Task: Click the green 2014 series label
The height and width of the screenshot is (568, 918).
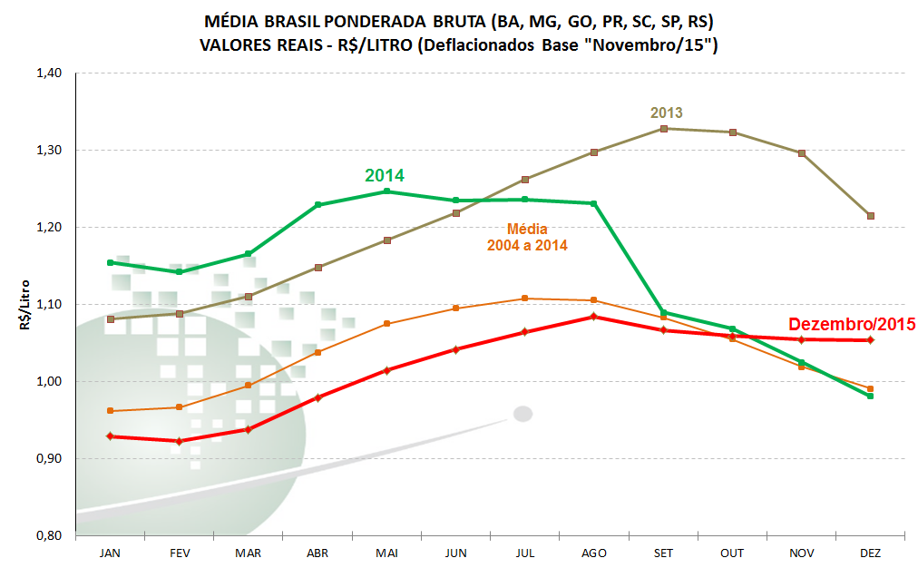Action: tap(385, 175)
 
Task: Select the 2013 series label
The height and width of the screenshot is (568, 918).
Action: tap(667, 113)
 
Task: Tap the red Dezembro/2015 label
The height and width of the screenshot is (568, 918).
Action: tap(852, 323)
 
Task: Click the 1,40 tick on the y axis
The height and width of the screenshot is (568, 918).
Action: tap(48, 73)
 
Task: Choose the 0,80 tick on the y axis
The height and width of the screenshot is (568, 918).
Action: tap(48, 535)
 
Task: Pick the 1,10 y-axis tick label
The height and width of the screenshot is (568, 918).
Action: tap(48, 304)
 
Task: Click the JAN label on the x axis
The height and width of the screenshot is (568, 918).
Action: tap(111, 553)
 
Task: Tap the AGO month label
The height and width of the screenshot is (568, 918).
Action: tap(594, 553)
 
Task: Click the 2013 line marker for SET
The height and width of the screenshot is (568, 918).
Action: tap(663, 129)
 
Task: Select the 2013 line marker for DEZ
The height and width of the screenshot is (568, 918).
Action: tap(871, 216)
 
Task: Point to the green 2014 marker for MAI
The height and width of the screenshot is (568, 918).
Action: tap(386, 191)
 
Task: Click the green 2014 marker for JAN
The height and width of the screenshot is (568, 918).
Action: tap(111, 262)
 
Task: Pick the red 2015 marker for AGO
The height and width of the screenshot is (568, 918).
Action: tap(594, 317)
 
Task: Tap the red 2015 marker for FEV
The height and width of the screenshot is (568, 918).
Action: tap(180, 441)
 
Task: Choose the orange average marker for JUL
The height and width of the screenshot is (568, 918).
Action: tap(525, 299)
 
